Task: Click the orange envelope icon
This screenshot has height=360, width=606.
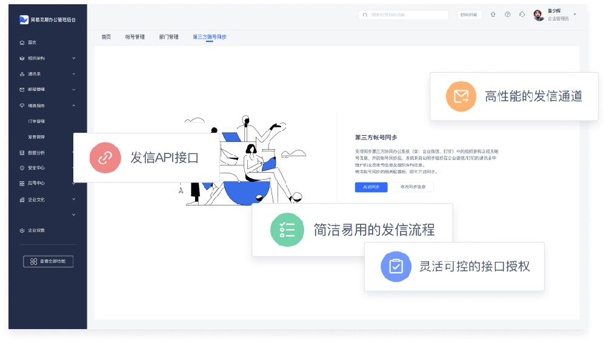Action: click(461, 96)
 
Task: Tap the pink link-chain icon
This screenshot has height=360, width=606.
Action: click(105, 158)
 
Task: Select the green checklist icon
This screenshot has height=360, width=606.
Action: click(286, 230)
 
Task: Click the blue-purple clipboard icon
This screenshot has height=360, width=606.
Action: click(396, 266)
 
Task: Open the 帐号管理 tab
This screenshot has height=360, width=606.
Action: click(135, 37)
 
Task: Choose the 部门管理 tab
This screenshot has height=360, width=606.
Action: click(168, 37)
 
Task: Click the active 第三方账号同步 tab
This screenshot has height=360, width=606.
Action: click(209, 37)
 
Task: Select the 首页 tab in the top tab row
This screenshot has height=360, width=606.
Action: click(106, 37)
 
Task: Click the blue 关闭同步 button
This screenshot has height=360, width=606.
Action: click(371, 187)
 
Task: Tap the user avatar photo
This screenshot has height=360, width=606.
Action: click(539, 15)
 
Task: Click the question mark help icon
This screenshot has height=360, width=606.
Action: click(508, 15)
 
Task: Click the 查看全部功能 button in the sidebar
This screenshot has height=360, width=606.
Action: click(48, 261)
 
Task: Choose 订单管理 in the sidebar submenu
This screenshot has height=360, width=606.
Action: click(36, 121)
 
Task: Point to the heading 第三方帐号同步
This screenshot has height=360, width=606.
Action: click(376, 138)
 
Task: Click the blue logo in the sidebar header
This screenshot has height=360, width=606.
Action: click(24, 19)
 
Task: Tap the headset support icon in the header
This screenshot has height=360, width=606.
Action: click(522, 15)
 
